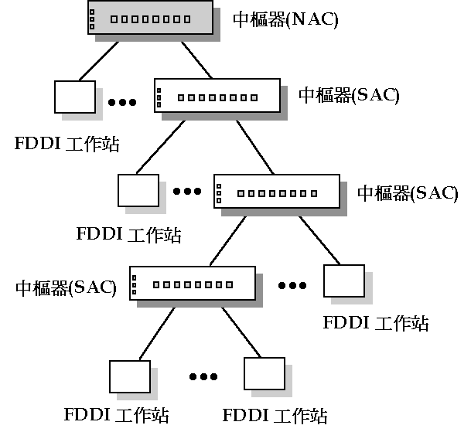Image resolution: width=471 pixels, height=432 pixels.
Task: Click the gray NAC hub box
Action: tap(148, 18)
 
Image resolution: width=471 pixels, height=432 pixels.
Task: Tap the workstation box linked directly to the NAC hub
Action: tap(74, 97)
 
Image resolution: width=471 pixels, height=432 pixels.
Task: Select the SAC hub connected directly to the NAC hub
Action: tap(216, 96)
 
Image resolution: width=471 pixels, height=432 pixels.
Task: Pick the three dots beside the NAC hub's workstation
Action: tap(123, 102)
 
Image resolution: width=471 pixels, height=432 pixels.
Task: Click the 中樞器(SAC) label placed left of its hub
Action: tap(66, 288)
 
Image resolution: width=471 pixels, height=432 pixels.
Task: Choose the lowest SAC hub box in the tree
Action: tap(191, 284)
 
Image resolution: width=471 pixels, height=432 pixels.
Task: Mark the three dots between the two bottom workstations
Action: tap(203, 377)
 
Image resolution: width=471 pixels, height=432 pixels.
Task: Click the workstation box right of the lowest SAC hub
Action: tap(343, 282)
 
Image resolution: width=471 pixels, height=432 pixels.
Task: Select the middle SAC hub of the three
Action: tap(275, 190)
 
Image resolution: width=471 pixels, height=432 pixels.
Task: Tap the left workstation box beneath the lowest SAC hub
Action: tap(128, 376)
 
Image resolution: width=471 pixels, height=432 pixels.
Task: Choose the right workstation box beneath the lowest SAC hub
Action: tap(265, 374)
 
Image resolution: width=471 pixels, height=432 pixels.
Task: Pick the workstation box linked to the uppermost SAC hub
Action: tap(138, 190)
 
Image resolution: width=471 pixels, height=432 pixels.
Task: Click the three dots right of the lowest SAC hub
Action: tap(292, 285)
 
